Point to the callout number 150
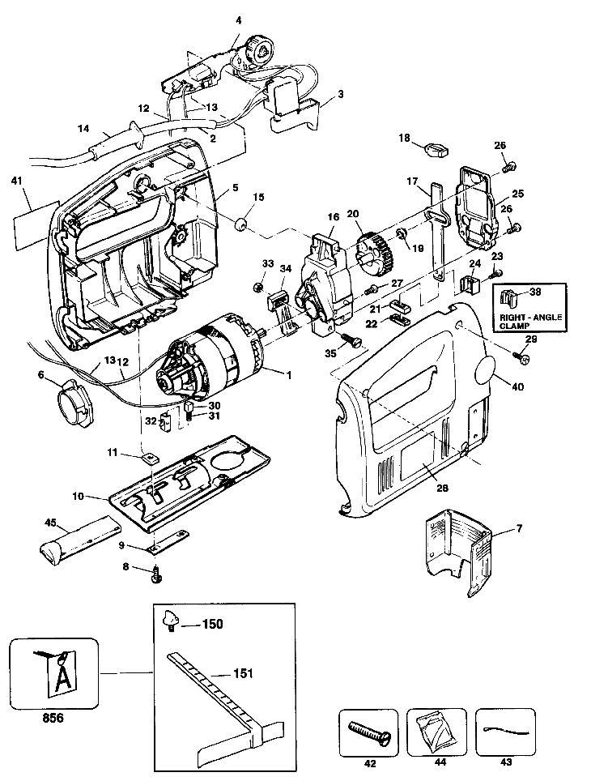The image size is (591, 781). pos(213,624)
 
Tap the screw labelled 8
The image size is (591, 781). pos(158,574)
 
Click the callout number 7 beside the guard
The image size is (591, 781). pos(520,529)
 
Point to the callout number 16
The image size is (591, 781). pos(332,217)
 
